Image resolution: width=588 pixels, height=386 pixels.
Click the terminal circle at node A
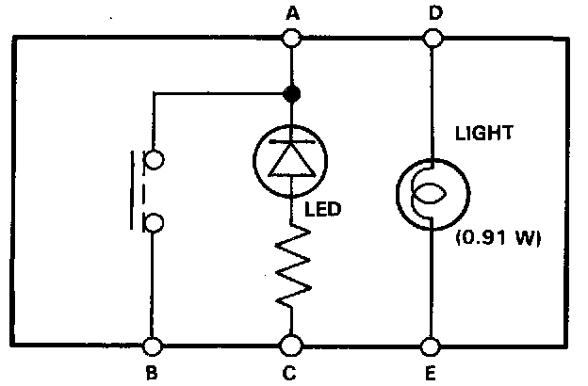(x=291, y=39)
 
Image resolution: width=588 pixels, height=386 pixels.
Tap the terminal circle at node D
(x=432, y=39)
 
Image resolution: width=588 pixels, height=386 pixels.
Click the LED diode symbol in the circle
(x=291, y=156)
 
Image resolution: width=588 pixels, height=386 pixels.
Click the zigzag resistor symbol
(x=291, y=271)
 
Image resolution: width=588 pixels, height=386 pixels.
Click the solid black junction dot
(x=291, y=93)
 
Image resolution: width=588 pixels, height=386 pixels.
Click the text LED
(x=321, y=209)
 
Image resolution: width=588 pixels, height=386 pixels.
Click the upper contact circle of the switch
(x=154, y=160)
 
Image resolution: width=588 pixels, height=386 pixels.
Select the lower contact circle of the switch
(x=154, y=222)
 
